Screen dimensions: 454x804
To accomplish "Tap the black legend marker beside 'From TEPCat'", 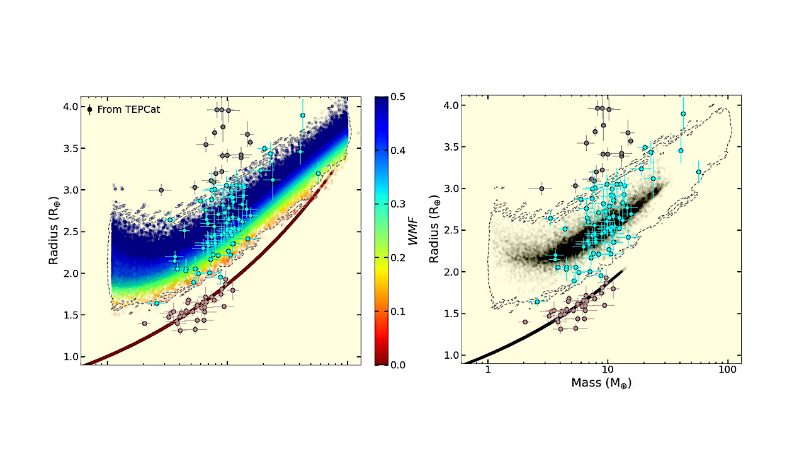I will click(90, 109).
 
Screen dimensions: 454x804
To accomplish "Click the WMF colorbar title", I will click(413, 231).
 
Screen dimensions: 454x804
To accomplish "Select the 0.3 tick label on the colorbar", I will click(398, 204).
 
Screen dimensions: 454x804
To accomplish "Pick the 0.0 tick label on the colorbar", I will click(398, 364).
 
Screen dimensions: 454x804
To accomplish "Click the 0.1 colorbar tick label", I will click(398, 311).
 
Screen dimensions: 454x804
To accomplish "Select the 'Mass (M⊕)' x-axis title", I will click(601, 382).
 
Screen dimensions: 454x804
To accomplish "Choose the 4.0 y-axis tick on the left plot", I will click(70, 107).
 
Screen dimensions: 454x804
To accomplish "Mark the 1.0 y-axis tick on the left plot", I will click(70, 357).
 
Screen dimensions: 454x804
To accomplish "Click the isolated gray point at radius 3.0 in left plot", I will click(161, 190).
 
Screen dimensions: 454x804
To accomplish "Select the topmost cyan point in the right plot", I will click(682, 114).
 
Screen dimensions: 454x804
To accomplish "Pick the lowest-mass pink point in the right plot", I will click(524, 322).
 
